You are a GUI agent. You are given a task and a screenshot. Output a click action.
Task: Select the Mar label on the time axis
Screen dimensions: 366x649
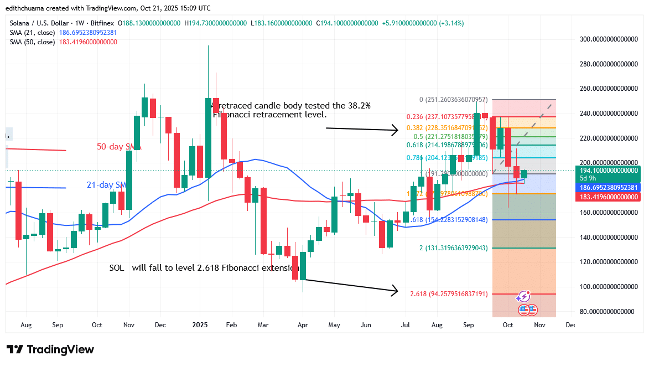(263, 325)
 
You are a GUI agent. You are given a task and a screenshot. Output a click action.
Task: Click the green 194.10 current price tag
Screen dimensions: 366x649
(607, 171)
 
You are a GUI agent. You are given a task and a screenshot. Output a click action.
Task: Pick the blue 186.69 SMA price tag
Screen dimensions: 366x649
(607, 188)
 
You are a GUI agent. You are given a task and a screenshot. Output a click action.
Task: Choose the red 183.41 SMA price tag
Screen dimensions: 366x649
(607, 197)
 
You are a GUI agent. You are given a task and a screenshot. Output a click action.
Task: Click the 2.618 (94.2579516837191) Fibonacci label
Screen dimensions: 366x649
(448, 294)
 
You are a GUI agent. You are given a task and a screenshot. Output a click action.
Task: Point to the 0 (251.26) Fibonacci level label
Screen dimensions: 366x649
(452, 100)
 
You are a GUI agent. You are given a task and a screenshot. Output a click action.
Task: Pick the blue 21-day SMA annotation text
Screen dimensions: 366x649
(107, 184)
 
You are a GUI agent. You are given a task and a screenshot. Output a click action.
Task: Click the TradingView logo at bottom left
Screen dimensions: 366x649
(50, 349)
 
